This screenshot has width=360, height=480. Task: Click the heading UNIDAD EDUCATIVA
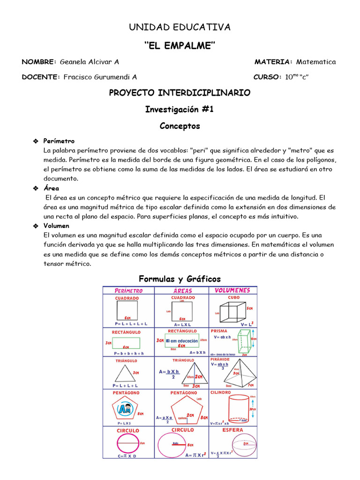pyautogui.click(x=180, y=27)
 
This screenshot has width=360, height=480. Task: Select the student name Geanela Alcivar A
pyautogui.click(x=90, y=62)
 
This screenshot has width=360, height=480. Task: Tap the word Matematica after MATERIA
pyautogui.click(x=316, y=62)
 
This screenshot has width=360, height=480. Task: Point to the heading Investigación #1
pyautogui.click(x=180, y=109)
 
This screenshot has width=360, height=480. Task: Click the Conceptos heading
pyautogui.click(x=180, y=126)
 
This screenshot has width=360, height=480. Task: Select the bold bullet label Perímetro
pyautogui.click(x=59, y=141)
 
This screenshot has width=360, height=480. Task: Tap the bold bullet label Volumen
pyautogui.click(x=56, y=226)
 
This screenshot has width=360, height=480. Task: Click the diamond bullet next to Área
pyautogui.click(x=35, y=188)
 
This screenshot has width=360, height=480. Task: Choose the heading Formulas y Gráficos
pyautogui.click(x=180, y=279)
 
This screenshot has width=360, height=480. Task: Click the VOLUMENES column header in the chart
pyautogui.click(x=232, y=290)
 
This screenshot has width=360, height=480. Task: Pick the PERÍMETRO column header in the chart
pyautogui.click(x=128, y=291)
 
